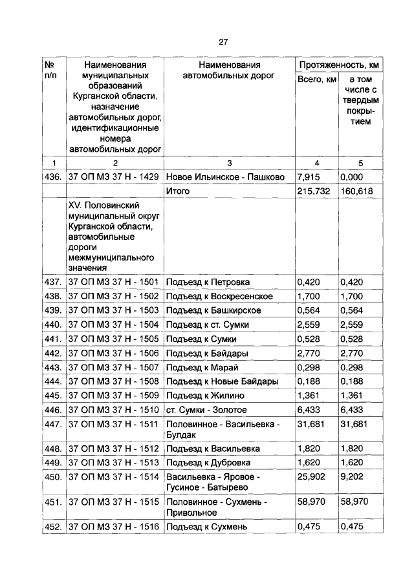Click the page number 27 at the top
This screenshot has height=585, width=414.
(x=223, y=42)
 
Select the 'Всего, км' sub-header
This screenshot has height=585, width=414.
(x=316, y=80)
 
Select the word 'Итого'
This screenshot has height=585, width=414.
(x=178, y=191)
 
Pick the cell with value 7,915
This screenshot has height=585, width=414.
(x=309, y=176)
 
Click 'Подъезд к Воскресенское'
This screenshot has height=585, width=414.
(x=219, y=296)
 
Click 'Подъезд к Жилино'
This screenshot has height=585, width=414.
(x=203, y=396)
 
